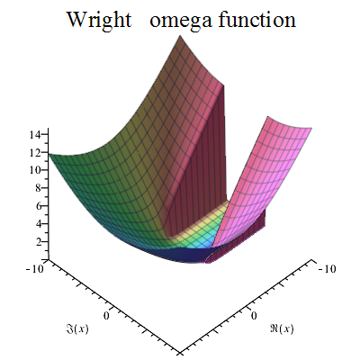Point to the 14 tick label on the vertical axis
37,134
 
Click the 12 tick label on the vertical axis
37,152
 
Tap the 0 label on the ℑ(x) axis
108,316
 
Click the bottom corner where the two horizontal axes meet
179,351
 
